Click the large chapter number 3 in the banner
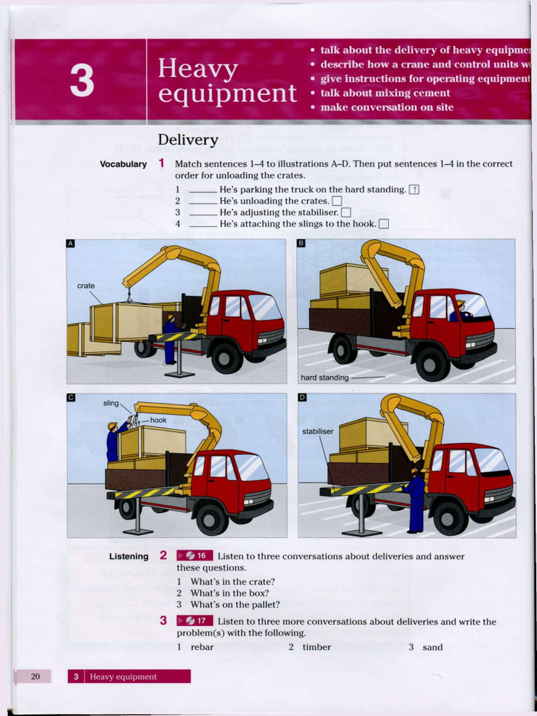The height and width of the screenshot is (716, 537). (81, 80)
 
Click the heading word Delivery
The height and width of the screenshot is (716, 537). (188, 140)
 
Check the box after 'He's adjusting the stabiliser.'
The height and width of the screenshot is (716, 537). (345, 213)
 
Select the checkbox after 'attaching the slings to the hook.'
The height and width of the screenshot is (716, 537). (382, 224)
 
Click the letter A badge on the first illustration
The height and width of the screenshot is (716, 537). (70, 244)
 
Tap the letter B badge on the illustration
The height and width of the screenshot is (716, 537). (301, 243)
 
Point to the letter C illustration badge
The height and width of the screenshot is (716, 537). (71, 398)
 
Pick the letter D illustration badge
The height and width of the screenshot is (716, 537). (302, 398)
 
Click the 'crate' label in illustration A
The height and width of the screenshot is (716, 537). (86, 286)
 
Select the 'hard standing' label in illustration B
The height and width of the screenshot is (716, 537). (324, 378)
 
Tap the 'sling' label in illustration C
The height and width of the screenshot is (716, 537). (111, 403)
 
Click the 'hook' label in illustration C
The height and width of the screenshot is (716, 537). (158, 420)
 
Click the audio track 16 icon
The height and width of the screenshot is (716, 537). (194, 556)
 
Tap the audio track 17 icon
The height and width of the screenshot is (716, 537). (194, 620)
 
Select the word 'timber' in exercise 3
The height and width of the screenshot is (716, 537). (317, 647)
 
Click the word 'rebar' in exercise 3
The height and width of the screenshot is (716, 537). (202, 647)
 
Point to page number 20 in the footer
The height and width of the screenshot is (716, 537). (36, 676)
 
